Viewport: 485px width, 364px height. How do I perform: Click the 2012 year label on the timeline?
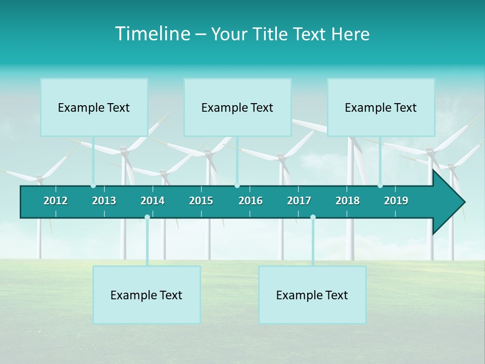coord(56,201)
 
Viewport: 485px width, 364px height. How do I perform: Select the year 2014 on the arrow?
coord(153,201)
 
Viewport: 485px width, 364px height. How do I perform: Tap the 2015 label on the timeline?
coord(201,201)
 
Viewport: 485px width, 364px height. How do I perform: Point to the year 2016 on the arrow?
coord(251,201)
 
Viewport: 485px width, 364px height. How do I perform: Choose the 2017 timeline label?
coord(299,201)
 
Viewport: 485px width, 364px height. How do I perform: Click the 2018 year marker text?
coord(348,201)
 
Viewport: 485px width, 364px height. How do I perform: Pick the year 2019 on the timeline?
coord(396,201)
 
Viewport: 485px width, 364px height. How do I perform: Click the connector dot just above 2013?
coord(93,186)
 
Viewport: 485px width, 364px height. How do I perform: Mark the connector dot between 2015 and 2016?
coord(237,186)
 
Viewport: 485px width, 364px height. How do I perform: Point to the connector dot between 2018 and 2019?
coord(380,186)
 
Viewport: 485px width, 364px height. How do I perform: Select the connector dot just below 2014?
coord(147,217)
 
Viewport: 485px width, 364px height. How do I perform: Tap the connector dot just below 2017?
coord(313,217)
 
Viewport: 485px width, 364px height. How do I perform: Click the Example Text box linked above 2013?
coord(94,107)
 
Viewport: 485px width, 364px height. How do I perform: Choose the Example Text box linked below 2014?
coord(147,295)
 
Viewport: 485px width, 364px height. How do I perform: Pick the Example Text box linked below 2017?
coord(312,295)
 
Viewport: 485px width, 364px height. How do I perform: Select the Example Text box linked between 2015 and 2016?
coord(237,107)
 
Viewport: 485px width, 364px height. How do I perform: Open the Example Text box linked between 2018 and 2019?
coord(381,107)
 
